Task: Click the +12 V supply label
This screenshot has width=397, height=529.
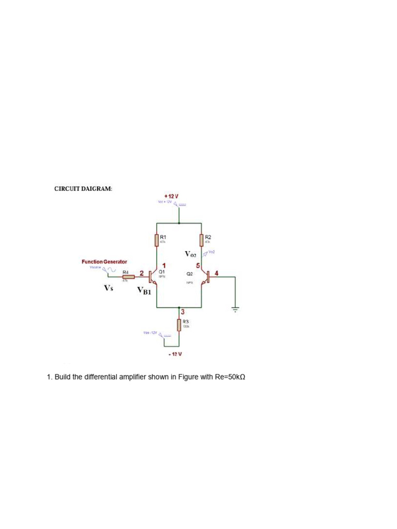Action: point(171,196)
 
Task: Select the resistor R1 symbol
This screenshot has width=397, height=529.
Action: point(157,240)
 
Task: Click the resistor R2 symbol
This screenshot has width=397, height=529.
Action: point(201,240)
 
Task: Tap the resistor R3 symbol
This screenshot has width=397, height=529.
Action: point(179,325)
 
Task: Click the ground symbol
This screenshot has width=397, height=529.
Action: point(235,309)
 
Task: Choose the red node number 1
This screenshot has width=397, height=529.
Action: point(163,266)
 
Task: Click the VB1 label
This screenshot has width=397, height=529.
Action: point(144,291)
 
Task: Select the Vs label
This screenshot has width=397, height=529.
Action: point(108,288)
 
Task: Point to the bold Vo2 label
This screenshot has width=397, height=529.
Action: point(191,254)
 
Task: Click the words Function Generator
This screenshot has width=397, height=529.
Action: point(104,262)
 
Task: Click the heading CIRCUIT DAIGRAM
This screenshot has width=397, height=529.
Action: point(83,189)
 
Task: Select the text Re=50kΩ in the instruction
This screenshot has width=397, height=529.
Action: point(230,377)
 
